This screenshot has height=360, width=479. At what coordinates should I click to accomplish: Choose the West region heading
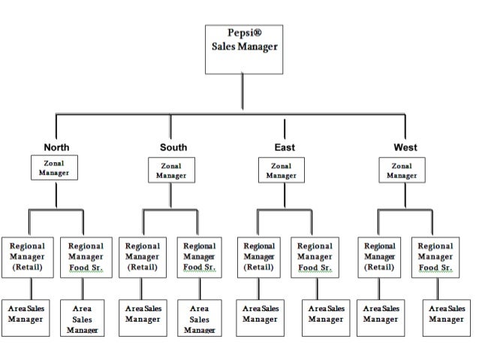tap(405, 147)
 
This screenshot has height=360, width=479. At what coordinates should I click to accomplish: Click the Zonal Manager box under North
tap(54, 168)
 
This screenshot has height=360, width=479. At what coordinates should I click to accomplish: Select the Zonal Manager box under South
tap(171, 170)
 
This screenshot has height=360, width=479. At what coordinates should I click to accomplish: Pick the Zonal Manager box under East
tap(281, 170)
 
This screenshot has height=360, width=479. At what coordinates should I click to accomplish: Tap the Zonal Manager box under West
tap(402, 170)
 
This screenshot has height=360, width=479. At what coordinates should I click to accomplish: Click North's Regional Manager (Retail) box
tap(28, 256)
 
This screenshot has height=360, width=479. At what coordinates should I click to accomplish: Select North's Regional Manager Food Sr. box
tap(86, 256)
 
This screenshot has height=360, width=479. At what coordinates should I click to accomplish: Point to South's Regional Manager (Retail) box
tap(143, 256)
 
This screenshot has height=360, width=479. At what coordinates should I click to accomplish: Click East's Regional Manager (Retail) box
tap(259, 256)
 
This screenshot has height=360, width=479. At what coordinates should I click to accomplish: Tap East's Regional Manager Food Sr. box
tap(315, 256)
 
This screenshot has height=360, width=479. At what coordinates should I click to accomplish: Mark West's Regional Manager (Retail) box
tap(380, 256)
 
